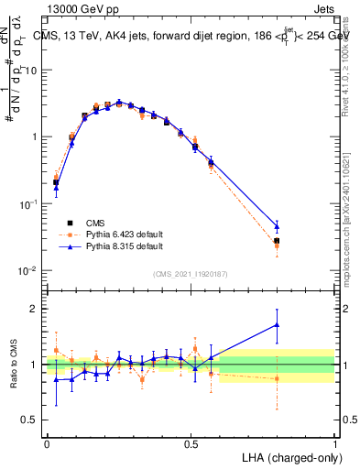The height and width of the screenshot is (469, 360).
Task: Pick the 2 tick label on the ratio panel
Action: (x=35, y=309)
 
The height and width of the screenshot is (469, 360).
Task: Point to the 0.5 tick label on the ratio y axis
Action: (x=31, y=420)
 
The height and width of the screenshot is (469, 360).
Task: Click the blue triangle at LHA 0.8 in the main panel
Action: (x=278, y=225)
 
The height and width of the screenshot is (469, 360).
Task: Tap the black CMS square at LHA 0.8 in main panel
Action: (x=278, y=241)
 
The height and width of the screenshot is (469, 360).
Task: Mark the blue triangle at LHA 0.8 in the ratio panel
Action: (x=278, y=324)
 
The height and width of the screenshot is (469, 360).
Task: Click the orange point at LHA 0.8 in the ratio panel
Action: (x=278, y=378)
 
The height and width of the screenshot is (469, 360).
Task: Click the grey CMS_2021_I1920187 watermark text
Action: (x=191, y=274)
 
